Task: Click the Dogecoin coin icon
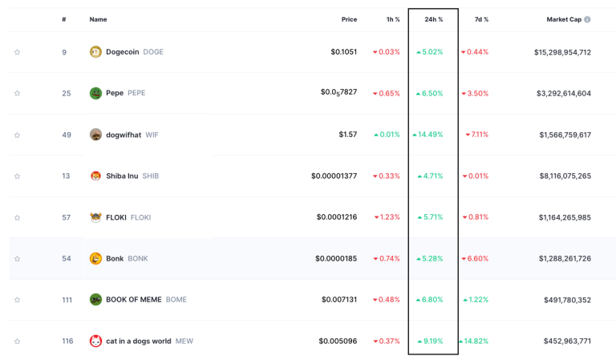click(95, 52)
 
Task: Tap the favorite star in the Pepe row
click(17, 94)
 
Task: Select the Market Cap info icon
click(587, 19)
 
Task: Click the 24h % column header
click(433, 19)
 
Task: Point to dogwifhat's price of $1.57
click(347, 135)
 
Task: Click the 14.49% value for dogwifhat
click(429, 135)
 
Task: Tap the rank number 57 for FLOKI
click(67, 217)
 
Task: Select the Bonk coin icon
click(95, 258)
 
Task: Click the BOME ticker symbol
click(176, 300)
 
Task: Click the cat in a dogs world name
click(138, 341)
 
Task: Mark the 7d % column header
click(481, 19)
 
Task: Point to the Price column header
click(348, 19)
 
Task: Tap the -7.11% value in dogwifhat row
click(476, 135)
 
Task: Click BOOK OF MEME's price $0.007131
click(338, 300)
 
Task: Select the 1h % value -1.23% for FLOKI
click(387, 217)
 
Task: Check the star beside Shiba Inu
click(17, 176)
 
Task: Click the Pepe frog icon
click(95, 93)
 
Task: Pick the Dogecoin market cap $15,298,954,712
click(562, 52)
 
